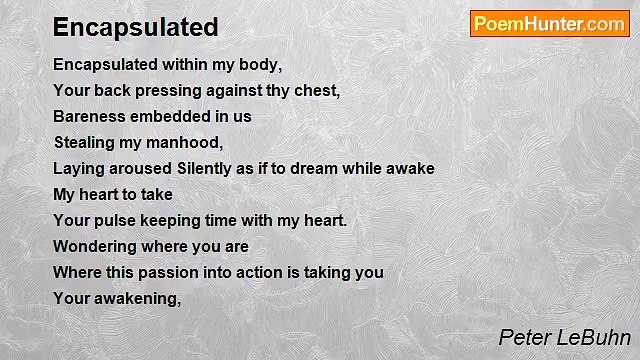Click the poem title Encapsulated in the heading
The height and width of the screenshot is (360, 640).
point(135,27)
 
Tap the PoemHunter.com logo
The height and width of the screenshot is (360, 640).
point(549,24)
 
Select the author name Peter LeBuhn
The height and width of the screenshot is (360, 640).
point(564,337)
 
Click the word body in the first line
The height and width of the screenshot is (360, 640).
point(258,64)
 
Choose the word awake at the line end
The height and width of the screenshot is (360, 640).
point(409,168)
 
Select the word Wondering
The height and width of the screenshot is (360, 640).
point(96,246)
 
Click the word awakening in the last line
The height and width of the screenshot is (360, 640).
point(138,298)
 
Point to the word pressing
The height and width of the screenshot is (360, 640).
point(171,90)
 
